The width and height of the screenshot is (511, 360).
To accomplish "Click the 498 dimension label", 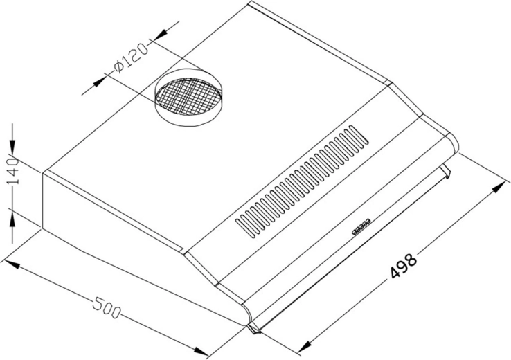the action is (x=404, y=266).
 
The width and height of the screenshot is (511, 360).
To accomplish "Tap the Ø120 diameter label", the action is (x=131, y=59).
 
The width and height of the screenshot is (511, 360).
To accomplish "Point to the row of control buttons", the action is (x=361, y=227).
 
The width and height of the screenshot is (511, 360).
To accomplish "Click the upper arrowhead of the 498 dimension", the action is (x=499, y=188).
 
